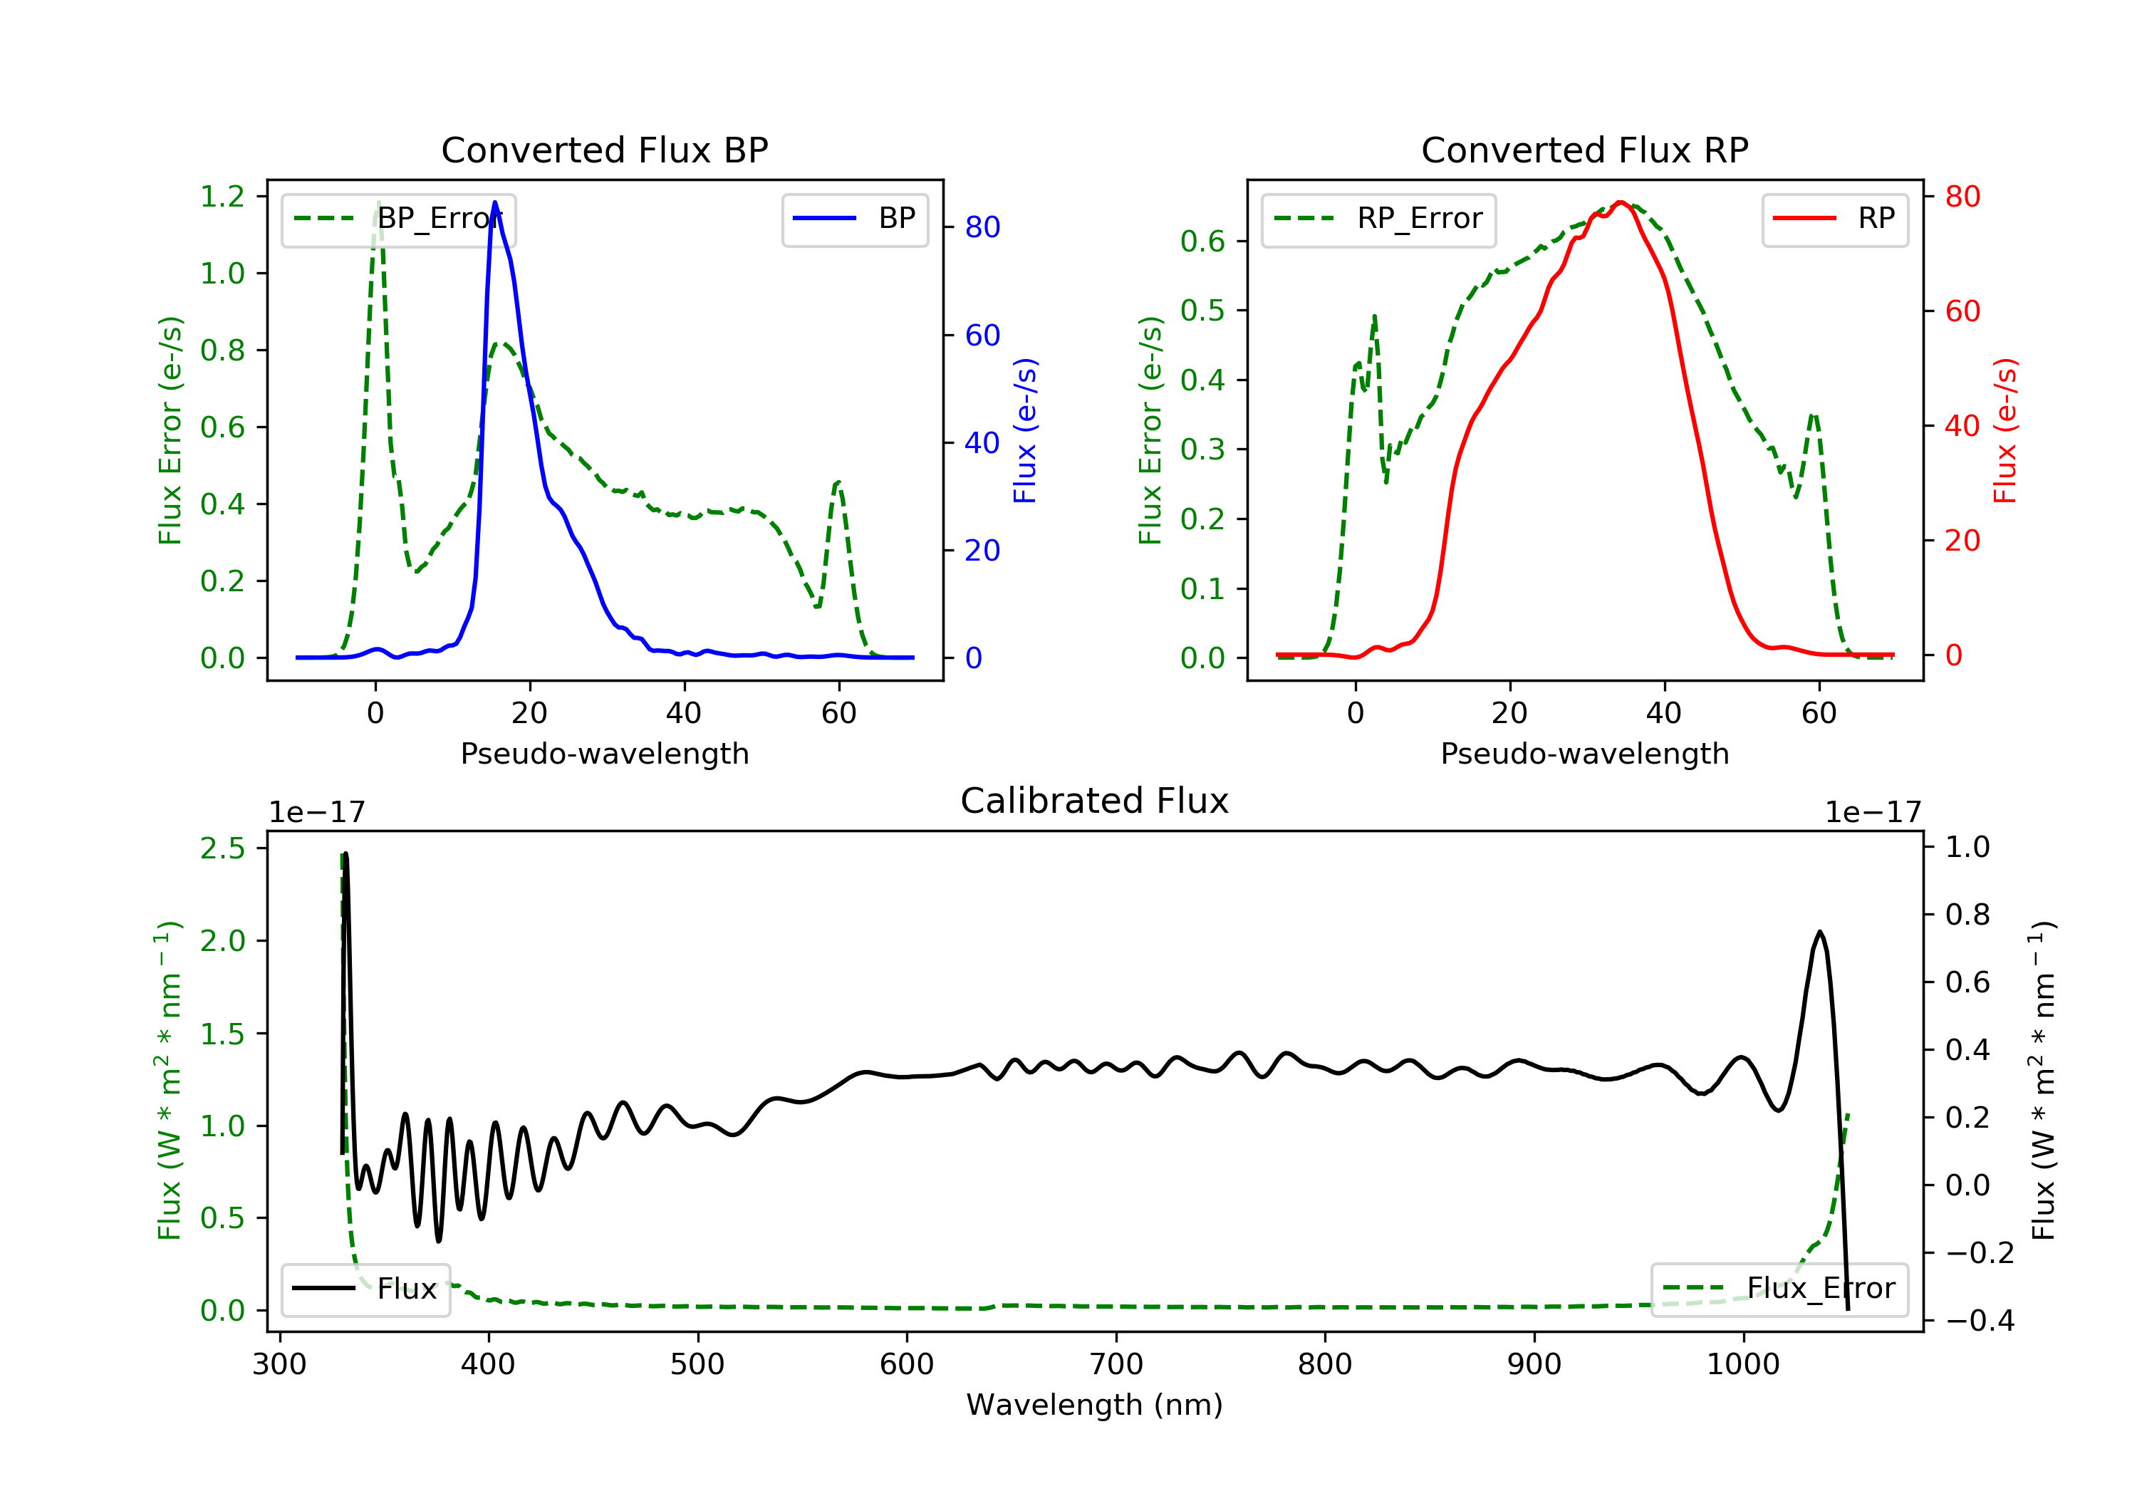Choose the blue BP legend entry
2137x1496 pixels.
pos(854,219)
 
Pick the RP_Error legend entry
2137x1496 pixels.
pos(1378,219)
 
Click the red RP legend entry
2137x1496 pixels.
pos(1834,219)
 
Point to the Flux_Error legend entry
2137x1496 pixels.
pos(1779,1289)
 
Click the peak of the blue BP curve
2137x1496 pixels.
pos(495,202)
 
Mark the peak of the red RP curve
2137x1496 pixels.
pos(1621,202)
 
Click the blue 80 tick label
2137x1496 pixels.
pos(982,227)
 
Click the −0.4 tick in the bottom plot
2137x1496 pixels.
pos(1980,1321)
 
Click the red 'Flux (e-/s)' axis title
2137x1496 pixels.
pos(2005,430)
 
